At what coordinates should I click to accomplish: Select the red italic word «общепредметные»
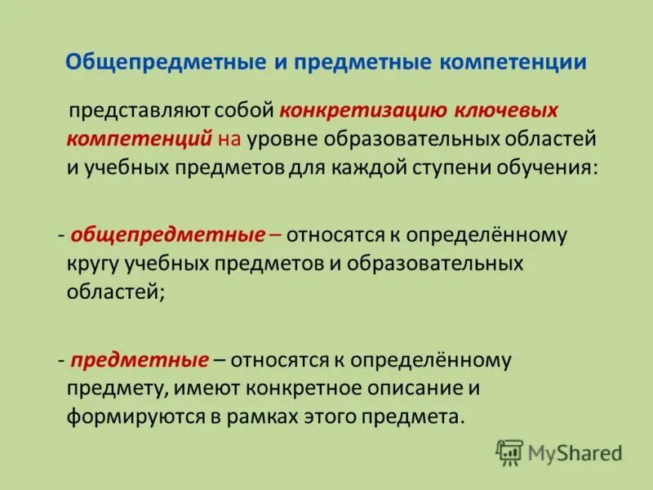pyautogui.click(x=168, y=236)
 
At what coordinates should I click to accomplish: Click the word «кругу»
pyautogui.click(x=92, y=265)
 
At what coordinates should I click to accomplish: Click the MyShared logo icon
pyautogui.click(x=509, y=452)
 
